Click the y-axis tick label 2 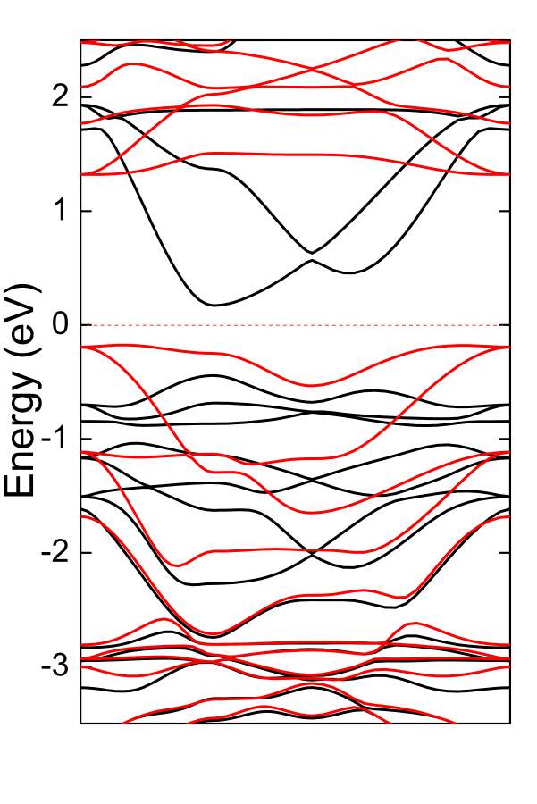(58, 96)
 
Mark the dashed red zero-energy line (295, 324)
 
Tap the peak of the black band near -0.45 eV (214, 375)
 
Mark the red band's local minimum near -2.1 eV (179, 565)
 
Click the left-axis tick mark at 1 (84, 211)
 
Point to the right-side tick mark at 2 (507, 96)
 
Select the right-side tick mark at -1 (507, 439)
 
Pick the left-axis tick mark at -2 (84, 553)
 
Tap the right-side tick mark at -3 (507, 666)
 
